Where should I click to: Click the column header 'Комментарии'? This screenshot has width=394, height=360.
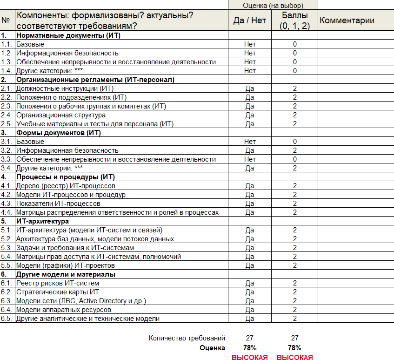(347, 20)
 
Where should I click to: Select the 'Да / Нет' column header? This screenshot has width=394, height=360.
(250, 20)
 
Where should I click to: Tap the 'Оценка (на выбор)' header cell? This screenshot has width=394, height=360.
(273, 5)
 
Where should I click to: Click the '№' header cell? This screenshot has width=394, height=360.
(6, 20)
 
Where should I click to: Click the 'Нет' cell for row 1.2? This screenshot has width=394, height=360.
(250, 53)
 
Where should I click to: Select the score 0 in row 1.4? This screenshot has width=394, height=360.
(295, 71)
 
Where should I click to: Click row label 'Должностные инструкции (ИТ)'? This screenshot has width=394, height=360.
(65, 88)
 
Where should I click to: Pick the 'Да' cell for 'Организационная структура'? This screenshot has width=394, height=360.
(250, 115)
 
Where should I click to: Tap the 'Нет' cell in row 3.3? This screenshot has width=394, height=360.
(250, 159)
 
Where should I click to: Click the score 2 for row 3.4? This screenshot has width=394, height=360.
(295, 168)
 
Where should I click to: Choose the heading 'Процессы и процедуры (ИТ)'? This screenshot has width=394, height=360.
(65, 177)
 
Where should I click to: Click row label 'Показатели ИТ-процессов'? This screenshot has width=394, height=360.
(58, 204)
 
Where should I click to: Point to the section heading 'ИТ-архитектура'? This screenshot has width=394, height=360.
(42, 221)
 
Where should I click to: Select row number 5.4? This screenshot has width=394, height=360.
(6, 257)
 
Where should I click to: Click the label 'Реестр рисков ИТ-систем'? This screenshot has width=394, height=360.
(58, 283)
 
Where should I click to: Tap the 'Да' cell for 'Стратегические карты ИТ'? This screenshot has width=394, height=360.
(250, 292)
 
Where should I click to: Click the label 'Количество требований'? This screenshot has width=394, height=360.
(187, 338)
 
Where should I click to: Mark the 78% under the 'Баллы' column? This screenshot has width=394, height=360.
(295, 348)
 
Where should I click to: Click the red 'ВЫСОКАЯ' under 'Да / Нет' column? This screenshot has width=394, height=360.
(250, 357)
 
